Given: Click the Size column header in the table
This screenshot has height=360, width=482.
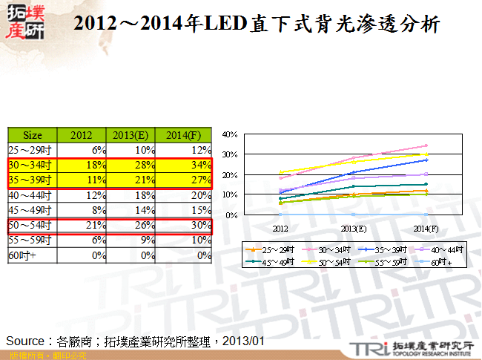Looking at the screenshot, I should [33, 135].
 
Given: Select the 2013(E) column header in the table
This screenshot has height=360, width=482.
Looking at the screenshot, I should [131, 135].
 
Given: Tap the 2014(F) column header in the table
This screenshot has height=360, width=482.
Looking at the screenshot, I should [183, 135].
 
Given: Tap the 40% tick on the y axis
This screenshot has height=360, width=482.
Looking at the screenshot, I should [229, 134].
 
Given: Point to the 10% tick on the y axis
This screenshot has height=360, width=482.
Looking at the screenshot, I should [229, 194].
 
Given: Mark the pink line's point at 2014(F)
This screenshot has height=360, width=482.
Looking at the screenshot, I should [426, 145].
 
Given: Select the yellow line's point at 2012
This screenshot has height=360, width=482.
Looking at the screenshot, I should [280, 172].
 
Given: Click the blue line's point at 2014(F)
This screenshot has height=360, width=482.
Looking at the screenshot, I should [426, 160].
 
